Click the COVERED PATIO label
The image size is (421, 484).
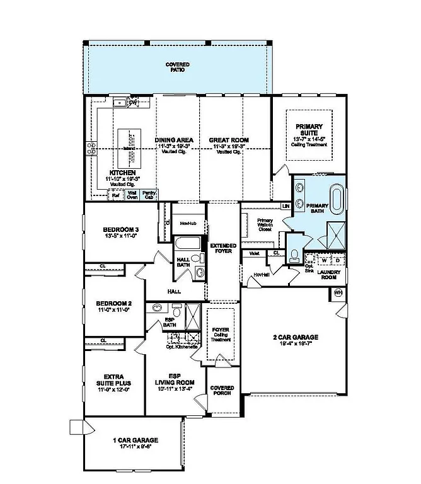point(178,67)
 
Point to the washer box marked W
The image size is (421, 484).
point(324,259)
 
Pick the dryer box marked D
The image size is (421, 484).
point(337,259)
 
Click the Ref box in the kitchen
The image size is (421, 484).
point(116,195)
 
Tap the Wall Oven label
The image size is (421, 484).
point(132,195)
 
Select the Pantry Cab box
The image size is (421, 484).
point(149,195)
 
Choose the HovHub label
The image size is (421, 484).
point(186,223)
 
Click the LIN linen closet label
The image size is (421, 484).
point(285,206)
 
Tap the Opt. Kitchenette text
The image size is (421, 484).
point(182,347)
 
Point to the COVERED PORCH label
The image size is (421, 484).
point(222,390)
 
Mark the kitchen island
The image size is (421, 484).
point(127,147)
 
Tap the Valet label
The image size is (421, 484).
point(255,253)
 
